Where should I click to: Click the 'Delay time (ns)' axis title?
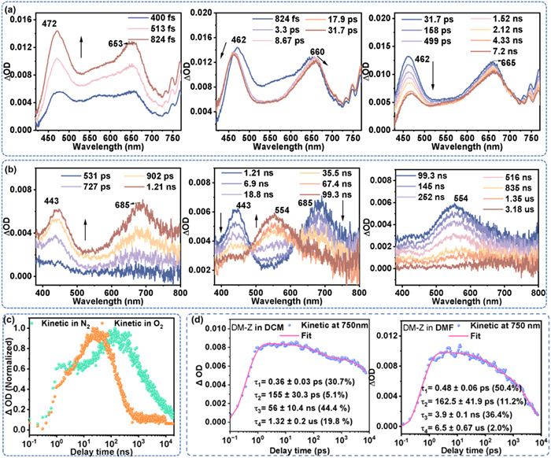pos(101,450)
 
